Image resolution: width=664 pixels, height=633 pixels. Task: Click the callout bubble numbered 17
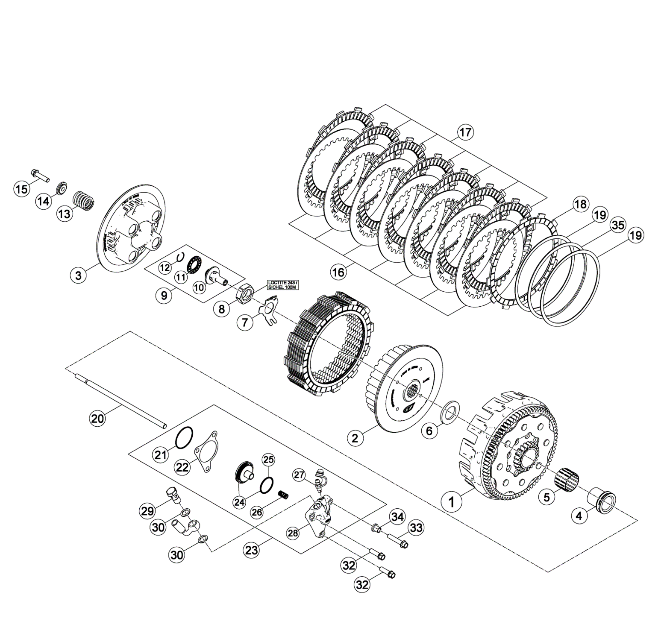pyautogui.click(x=465, y=132)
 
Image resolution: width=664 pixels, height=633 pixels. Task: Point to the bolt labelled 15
pyautogui.click(x=40, y=175)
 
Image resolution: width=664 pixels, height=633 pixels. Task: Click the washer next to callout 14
pyautogui.click(x=62, y=188)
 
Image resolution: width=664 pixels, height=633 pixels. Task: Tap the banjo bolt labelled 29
pyautogui.click(x=174, y=494)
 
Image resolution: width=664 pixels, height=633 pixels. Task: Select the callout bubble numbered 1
pyautogui.click(x=451, y=502)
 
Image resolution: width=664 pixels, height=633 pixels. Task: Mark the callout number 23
pyautogui.click(x=252, y=551)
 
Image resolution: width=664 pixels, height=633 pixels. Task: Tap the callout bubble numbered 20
pyautogui.click(x=98, y=418)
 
